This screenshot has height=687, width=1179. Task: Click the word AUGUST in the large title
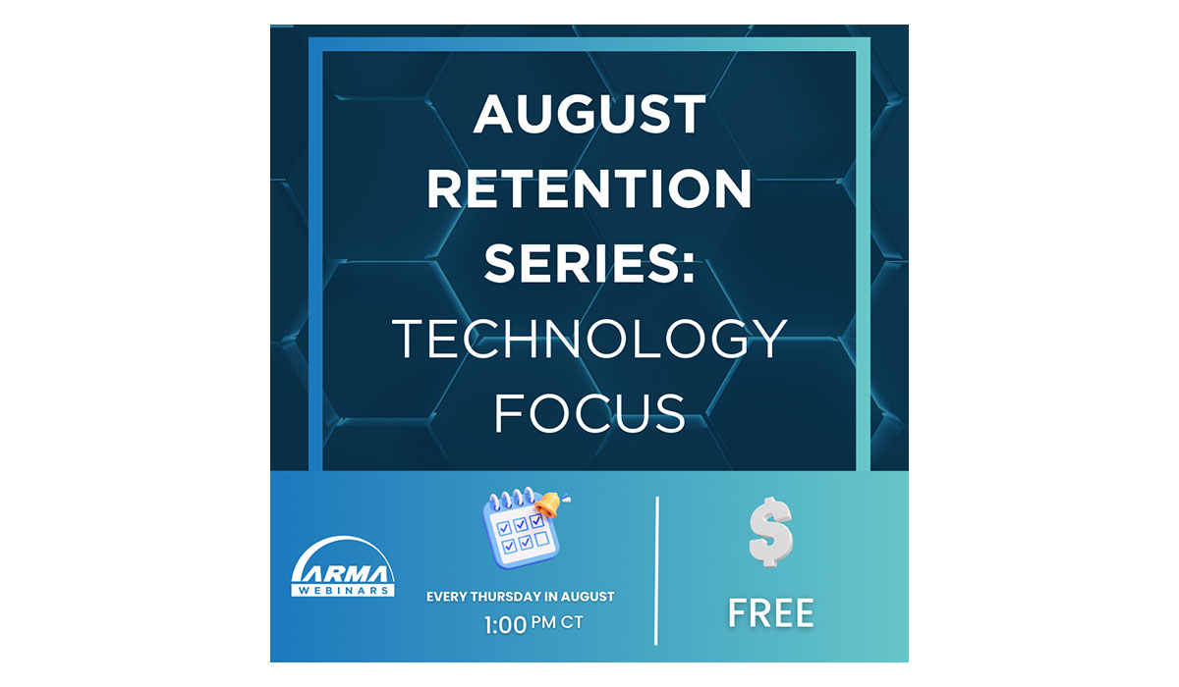click(589, 114)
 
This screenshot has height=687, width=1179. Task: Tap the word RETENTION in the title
click(589, 188)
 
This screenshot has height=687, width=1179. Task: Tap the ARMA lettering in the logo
click(343, 573)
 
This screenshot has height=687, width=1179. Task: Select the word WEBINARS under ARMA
click(343, 590)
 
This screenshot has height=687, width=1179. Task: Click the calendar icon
click(521, 532)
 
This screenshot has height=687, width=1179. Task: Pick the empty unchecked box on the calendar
click(542, 539)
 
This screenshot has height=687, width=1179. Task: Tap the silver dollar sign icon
click(770, 531)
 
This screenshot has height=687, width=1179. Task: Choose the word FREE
click(771, 613)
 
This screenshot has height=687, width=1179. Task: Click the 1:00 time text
click(505, 625)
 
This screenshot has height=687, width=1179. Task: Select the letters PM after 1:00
click(543, 622)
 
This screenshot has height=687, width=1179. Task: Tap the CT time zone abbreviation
click(572, 622)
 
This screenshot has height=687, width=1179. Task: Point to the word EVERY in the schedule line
click(446, 597)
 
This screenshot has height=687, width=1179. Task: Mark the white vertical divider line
click(656, 570)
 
